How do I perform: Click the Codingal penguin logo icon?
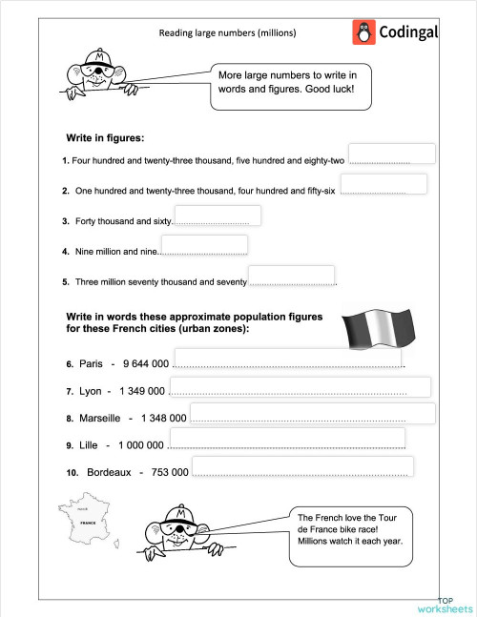(x=363, y=32)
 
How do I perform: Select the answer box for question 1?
(x=392, y=154)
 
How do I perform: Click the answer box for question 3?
(x=218, y=216)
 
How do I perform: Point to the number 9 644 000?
(x=146, y=364)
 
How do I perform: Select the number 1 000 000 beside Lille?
(x=141, y=445)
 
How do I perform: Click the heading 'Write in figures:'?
(x=105, y=137)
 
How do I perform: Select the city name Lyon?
(x=91, y=391)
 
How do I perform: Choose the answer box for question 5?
(x=291, y=276)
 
